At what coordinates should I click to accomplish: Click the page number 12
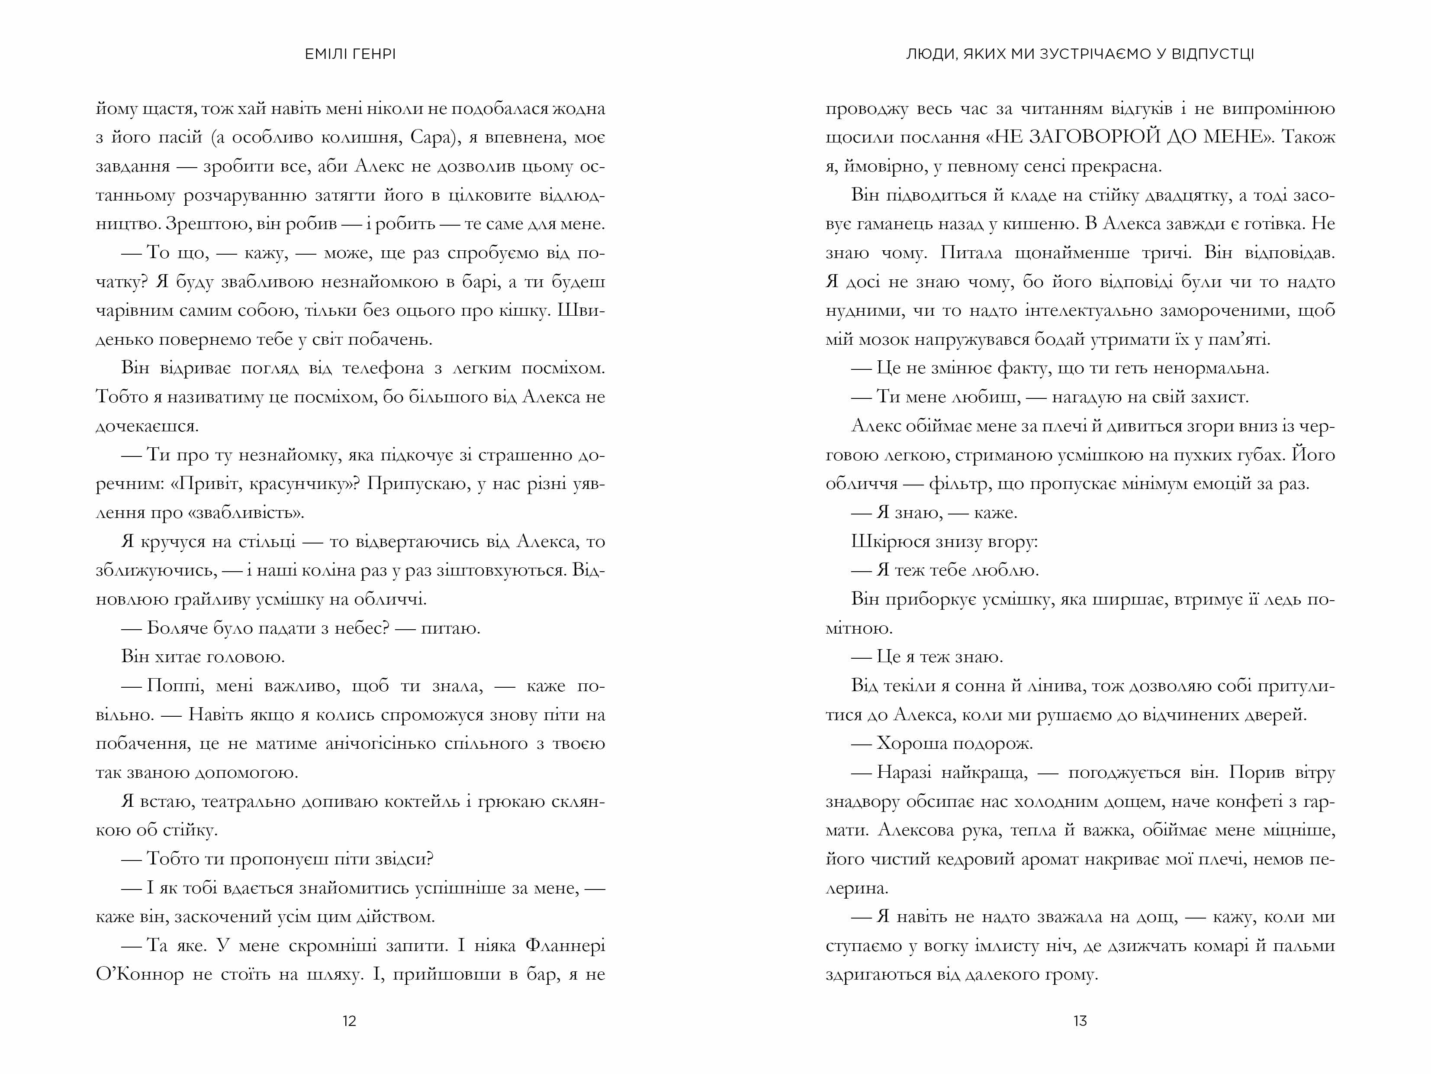[349, 1021]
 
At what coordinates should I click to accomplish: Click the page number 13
[1080, 1021]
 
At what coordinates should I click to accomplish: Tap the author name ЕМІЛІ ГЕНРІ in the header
[350, 55]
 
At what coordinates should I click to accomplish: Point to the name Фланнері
[565, 945]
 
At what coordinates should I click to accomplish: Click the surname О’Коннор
[140, 974]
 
